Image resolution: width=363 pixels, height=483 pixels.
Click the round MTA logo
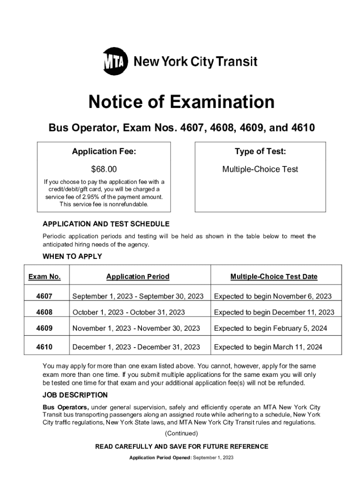pyautogui.click(x=115, y=61)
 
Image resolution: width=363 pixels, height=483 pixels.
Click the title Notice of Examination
pyautogui.click(x=181, y=102)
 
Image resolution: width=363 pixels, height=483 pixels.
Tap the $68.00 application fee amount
pyautogui.click(x=104, y=169)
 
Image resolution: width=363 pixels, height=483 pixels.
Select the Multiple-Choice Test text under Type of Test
pyautogui.click(x=260, y=169)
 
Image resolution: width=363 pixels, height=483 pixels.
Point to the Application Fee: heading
pyautogui.click(x=104, y=151)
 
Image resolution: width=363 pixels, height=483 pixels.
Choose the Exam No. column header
pyautogui.click(x=44, y=277)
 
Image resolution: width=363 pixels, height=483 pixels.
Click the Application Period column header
pyautogui.click(x=138, y=277)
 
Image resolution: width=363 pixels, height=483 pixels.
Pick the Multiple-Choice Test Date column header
pyautogui.click(x=274, y=277)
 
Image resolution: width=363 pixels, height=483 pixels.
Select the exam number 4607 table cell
pyautogui.click(x=44, y=297)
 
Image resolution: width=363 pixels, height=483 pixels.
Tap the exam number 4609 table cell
pyautogui.click(x=44, y=328)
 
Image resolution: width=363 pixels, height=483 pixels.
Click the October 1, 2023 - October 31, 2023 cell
pyautogui.click(x=128, y=312)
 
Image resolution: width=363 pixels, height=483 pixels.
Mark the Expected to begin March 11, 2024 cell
pyautogui.click(x=268, y=347)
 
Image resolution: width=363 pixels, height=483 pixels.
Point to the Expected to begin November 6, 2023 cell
pyautogui.click(x=272, y=297)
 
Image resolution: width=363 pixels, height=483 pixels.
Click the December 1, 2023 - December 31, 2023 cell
pyautogui.click(x=136, y=347)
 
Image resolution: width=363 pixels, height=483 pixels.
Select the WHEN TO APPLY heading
pyautogui.click(x=72, y=257)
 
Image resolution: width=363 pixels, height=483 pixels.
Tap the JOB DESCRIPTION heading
pyautogui.click(x=75, y=395)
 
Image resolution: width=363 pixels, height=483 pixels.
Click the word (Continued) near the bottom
pyautogui.click(x=181, y=433)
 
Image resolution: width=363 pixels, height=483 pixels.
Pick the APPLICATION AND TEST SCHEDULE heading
pyautogui.click(x=106, y=224)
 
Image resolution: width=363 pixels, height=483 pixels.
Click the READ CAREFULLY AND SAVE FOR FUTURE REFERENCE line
pyautogui.click(x=181, y=446)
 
